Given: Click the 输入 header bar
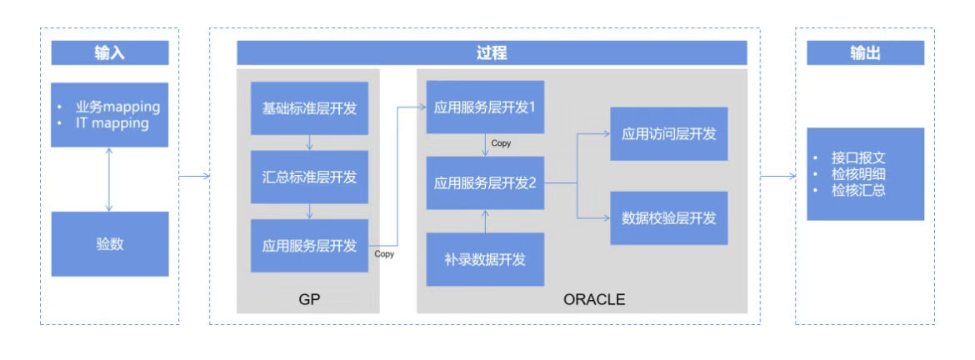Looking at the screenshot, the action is click(109, 52).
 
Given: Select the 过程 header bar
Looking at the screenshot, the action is click(491, 52).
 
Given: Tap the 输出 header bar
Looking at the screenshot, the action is click(866, 52).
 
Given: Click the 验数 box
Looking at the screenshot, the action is click(109, 243).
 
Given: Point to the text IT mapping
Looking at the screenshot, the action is click(112, 123).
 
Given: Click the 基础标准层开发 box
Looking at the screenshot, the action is click(309, 108).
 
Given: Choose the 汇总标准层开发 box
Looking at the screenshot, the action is click(309, 177).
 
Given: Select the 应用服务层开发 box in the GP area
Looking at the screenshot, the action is click(309, 246).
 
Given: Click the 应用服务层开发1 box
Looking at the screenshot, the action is click(485, 107).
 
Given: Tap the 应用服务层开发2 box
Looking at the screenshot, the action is click(485, 182).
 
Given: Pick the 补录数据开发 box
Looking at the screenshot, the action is click(485, 259).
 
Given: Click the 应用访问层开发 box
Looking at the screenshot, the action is click(669, 133).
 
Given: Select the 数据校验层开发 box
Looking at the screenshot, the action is click(669, 218).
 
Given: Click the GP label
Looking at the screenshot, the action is click(309, 299).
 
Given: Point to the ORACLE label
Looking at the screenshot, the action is click(594, 299).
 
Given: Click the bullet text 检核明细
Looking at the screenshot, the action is click(858, 174).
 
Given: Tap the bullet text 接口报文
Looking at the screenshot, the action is click(858, 157).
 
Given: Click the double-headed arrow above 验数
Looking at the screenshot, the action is click(109, 179).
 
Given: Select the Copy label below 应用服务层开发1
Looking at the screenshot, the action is click(501, 143).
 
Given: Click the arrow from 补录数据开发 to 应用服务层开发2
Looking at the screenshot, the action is click(485, 222).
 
